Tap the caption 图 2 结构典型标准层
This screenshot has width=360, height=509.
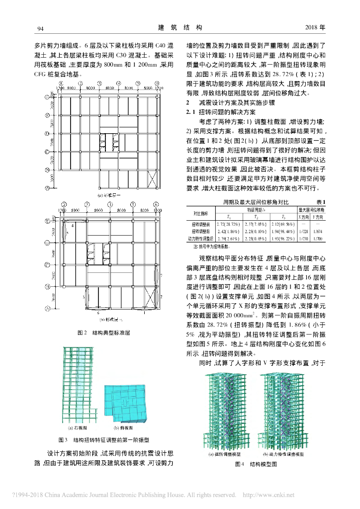coord(103,333)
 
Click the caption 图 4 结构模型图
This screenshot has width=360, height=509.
coord(253,465)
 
